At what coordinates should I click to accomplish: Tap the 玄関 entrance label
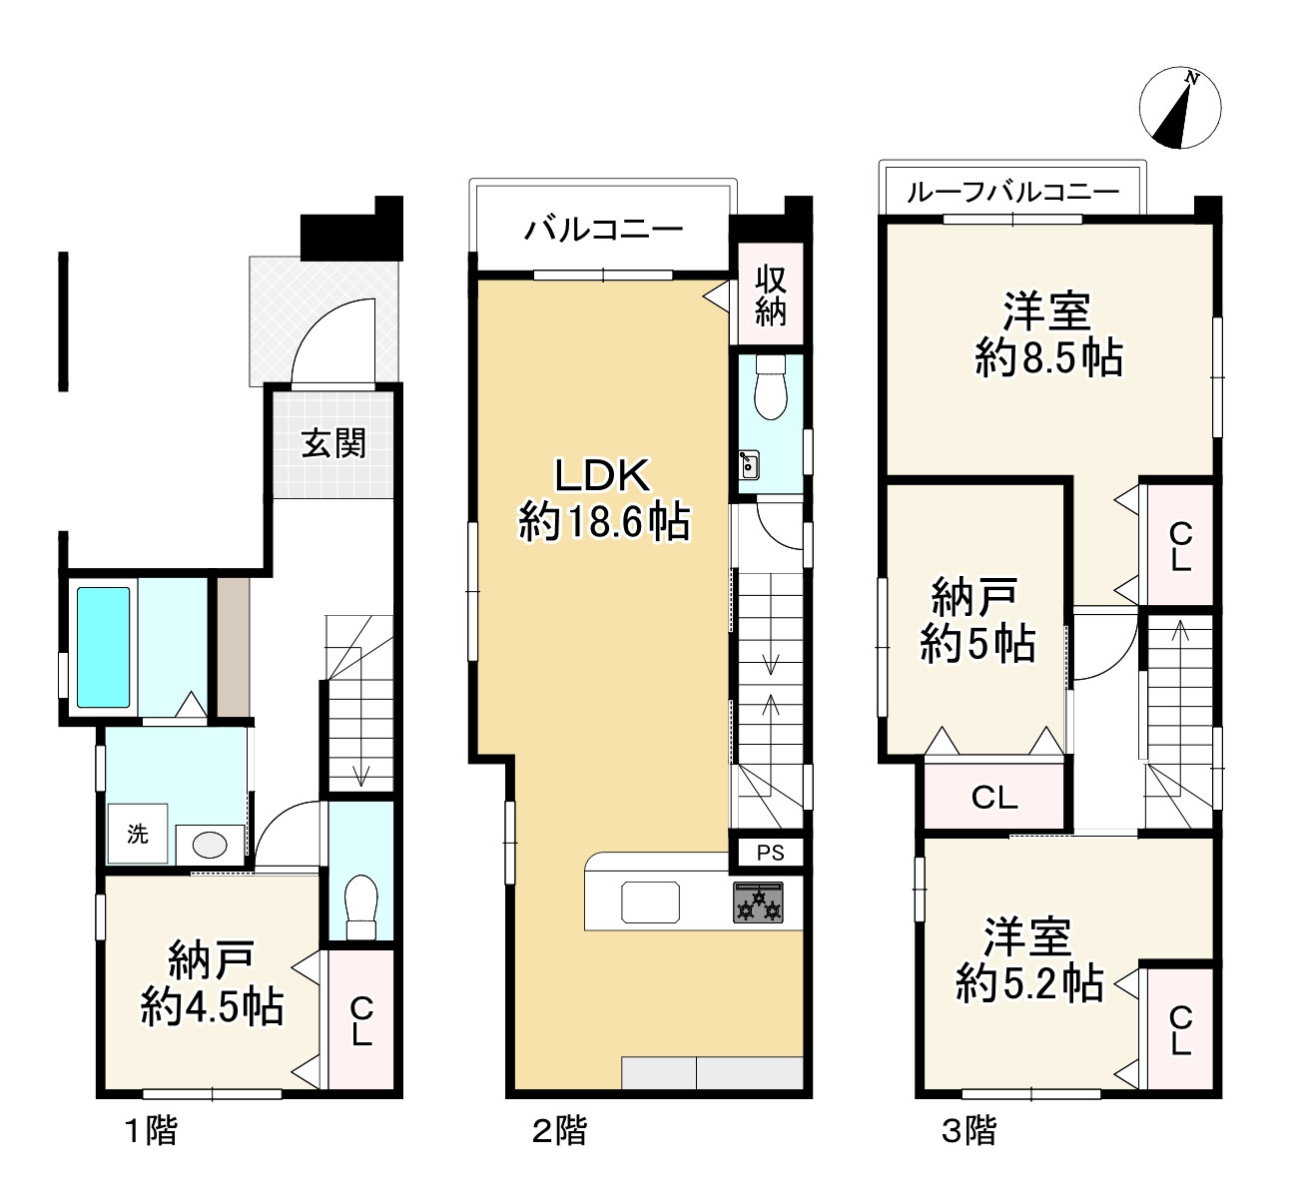click(333, 443)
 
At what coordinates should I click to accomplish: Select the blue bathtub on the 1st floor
click(104, 647)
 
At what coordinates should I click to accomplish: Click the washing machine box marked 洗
click(138, 834)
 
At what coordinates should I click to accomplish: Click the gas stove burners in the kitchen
click(759, 902)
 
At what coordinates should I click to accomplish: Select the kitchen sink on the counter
click(650, 902)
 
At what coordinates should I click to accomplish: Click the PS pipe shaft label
click(770, 853)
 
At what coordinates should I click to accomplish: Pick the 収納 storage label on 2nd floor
click(770, 297)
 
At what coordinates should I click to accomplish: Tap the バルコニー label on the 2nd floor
click(603, 230)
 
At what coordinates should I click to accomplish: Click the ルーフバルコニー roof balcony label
click(1012, 192)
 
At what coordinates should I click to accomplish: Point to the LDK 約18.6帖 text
click(603, 500)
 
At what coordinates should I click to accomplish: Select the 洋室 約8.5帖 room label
click(1048, 334)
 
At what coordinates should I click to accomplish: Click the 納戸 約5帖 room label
click(976, 621)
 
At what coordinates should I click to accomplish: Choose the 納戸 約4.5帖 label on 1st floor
click(212, 983)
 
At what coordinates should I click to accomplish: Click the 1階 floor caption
click(151, 1131)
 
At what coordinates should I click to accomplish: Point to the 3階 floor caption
click(969, 1131)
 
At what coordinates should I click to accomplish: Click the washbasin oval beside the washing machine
click(210, 846)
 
